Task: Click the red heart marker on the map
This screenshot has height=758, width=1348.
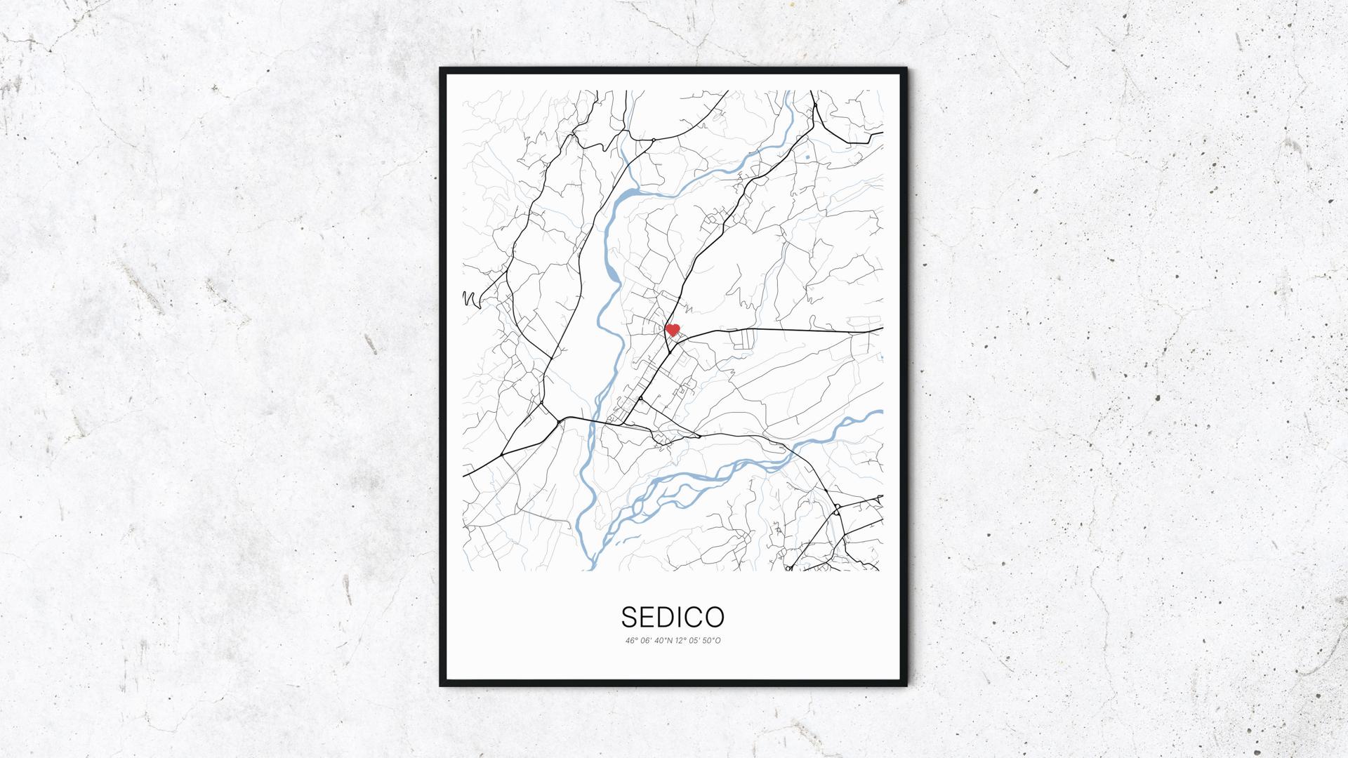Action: pyautogui.click(x=673, y=329)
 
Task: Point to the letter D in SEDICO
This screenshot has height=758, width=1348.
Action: pyautogui.click(x=668, y=617)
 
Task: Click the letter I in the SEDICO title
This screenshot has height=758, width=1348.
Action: pyautogui.click(x=682, y=617)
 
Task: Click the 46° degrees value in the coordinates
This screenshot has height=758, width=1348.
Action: pyautogui.click(x=630, y=641)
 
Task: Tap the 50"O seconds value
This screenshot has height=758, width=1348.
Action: pyautogui.click(x=713, y=641)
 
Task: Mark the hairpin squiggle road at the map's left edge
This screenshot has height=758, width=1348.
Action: pyautogui.click(x=469, y=299)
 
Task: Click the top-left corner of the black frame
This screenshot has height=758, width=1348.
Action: pyautogui.click(x=442, y=69)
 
